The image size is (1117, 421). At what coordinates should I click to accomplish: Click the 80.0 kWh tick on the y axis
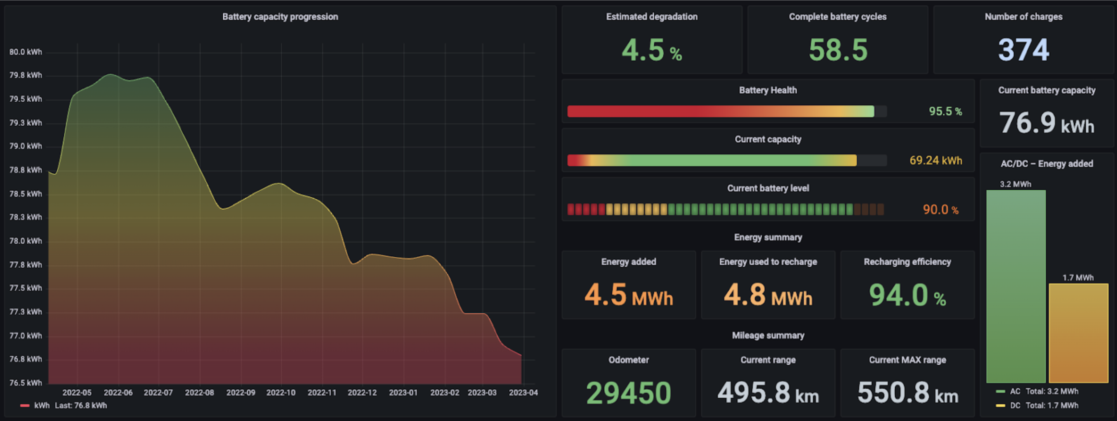pos(26,52)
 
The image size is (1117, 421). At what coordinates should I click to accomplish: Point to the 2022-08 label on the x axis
pos(200,393)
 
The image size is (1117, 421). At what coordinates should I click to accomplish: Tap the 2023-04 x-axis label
pos(523,393)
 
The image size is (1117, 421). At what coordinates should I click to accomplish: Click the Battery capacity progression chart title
pos(280,17)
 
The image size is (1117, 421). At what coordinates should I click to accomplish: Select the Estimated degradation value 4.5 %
pos(651,50)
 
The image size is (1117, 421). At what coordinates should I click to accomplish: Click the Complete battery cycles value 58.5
pos(838,50)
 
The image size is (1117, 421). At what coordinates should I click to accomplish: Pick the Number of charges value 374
pos(1023,50)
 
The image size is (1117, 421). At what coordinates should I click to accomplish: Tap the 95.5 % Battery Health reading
pos(945,111)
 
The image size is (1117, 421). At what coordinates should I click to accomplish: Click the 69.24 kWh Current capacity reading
pos(936,161)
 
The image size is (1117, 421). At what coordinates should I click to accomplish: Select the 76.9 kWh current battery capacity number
pos(1046,123)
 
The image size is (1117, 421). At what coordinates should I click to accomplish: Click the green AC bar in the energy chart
pos(1016,286)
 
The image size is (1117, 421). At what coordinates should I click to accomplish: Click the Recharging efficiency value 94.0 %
pos(907,296)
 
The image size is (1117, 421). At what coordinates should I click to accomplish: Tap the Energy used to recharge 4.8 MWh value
pos(768,296)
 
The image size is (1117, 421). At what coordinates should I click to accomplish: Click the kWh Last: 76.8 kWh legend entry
pos(69,405)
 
